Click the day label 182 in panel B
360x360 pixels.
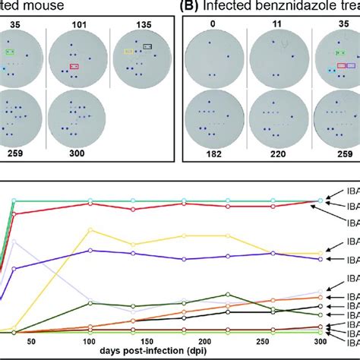219,153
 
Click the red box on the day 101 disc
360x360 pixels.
74,67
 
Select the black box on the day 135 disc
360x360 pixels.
147,46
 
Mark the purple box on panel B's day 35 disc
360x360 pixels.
352,67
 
